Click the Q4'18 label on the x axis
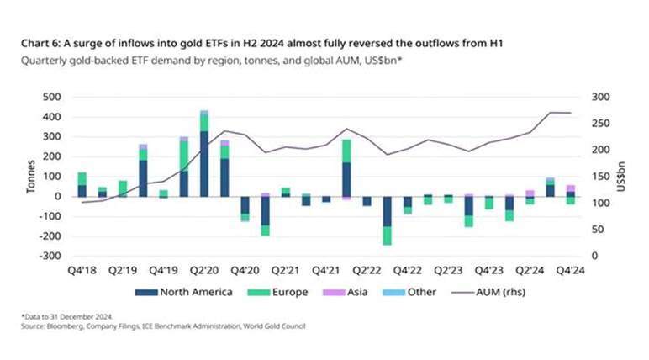[x=82, y=271]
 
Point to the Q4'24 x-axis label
[x=572, y=271]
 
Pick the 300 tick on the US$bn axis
[x=602, y=98]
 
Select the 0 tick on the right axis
[x=594, y=256]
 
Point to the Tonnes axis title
[x=31, y=177]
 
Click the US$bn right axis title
[x=623, y=177]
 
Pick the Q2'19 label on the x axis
[x=123, y=271]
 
